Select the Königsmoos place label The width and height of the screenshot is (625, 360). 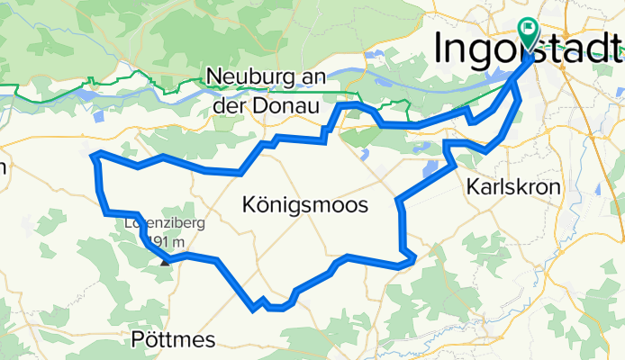[305, 206]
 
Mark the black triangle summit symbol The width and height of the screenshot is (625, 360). [165, 262]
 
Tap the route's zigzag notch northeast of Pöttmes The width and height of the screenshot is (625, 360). [262, 303]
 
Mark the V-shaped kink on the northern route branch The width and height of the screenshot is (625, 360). [470, 118]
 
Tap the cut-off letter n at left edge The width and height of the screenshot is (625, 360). [3, 167]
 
